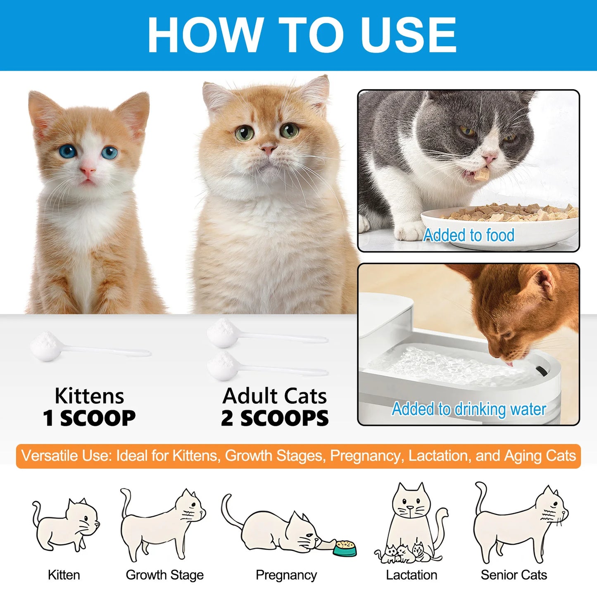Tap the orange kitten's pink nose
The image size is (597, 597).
[x=88, y=170]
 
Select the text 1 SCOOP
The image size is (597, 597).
[x=89, y=418]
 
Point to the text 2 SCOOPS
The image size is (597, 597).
[x=275, y=418]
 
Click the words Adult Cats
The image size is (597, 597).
[x=275, y=396]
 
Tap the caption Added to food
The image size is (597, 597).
[x=469, y=235]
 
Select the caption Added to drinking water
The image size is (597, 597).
[x=469, y=409]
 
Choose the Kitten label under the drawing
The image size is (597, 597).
[x=64, y=575]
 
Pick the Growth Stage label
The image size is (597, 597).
[x=164, y=575]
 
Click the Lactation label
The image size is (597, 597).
[x=411, y=575]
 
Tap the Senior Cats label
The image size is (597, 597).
[x=514, y=575]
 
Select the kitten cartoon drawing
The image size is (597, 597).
[x=66, y=525]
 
